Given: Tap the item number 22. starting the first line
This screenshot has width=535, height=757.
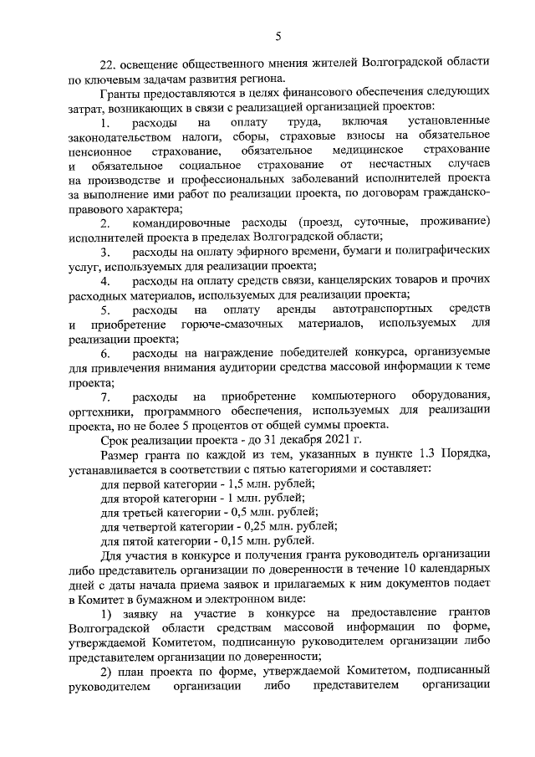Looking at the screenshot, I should click(110, 64).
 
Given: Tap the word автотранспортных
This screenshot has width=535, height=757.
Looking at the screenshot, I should click(374, 309).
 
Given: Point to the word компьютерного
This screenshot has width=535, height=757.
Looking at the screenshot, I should click(358, 395).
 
